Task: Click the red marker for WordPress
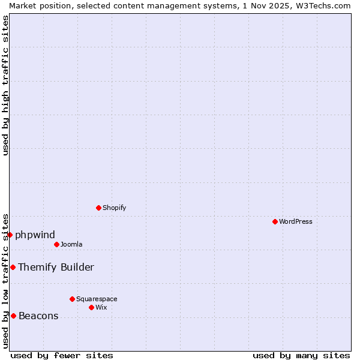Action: click(275, 221)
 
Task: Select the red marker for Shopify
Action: click(98, 208)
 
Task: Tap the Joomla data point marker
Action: click(56, 244)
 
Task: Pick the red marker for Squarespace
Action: click(72, 299)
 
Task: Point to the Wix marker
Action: click(91, 307)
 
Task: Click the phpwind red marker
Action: click(10, 235)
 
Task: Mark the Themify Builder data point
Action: click(13, 267)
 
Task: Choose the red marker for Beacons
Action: click(13, 316)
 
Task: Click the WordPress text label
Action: click(296, 221)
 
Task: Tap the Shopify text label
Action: click(114, 208)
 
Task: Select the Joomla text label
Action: click(71, 244)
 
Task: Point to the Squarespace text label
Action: click(97, 299)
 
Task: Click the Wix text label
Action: click(101, 307)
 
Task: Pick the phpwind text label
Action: click(35, 235)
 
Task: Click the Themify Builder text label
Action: click(56, 267)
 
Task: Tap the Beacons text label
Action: click(38, 316)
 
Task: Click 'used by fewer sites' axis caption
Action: click(62, 355)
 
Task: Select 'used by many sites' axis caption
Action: click(301, 355)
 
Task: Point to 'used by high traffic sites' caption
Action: click(5, 85)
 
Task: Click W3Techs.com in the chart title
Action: click(322, 5)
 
